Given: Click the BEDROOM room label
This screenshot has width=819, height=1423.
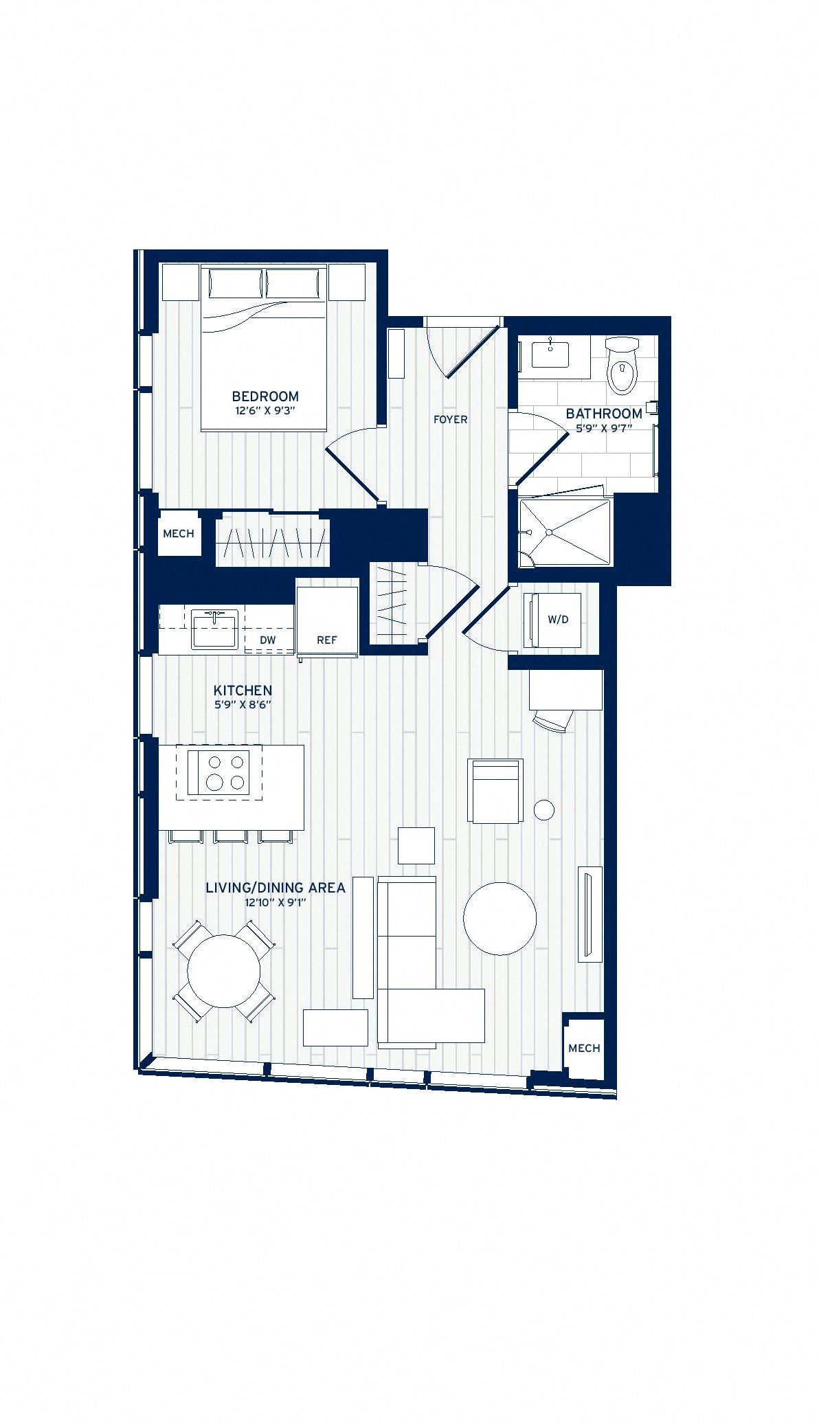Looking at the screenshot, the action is click(x=265, y=396).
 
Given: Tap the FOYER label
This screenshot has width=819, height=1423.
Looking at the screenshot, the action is click(x=451, y=419).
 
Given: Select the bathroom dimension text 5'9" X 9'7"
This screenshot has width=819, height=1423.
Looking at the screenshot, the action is click(x=604, y=428).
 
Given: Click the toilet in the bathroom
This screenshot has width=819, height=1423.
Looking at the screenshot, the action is click(x=622, y=366).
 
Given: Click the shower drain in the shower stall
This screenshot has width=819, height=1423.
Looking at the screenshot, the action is click(x=549, y=533).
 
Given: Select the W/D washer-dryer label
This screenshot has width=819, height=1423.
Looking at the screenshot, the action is click(x=558, y=620).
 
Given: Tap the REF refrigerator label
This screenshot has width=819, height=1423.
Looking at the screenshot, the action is click(x=327, y=640).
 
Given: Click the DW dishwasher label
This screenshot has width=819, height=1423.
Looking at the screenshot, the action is click(x=268, y=640).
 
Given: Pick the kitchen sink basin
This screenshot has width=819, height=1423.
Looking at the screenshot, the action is click(x=214, y=629).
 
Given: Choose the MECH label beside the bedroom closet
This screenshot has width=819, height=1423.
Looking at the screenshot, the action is click(x=179, y=534).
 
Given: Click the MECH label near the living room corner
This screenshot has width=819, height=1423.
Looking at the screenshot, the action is click(x=585, y=1049).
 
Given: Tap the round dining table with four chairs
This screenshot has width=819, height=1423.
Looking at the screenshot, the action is click(x=224, y=971).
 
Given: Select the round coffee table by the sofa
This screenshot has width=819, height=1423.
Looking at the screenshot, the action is click(x=500, y=919).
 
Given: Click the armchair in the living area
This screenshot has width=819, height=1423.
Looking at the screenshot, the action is click(x=495, y=790).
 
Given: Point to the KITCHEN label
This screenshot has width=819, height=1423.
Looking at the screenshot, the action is click(x=243, y=691).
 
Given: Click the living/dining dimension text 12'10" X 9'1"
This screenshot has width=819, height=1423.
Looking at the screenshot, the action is click(x=275, y=903).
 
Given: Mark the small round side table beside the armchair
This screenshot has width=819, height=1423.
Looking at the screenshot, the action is click(x=544, y=810).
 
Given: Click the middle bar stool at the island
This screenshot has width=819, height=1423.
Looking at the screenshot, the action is click(x=230, y=836).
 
